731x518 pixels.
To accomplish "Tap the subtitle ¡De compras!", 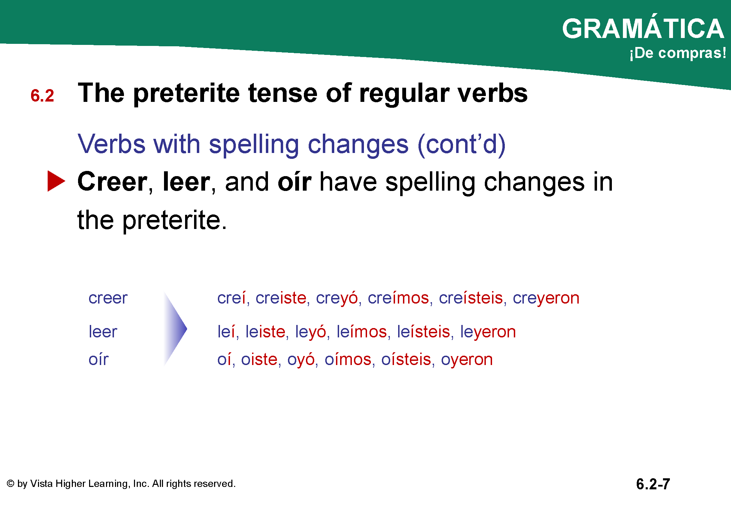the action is coord(678,53).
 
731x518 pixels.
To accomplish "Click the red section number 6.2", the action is coord(42,96).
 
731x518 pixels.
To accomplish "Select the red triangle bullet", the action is coord(56,181).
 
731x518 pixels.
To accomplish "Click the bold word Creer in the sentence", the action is coord(113,182).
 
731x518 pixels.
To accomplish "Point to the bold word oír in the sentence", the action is coord(295,182).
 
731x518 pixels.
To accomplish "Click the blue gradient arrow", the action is coord(175,329).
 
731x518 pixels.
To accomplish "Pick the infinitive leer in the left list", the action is coord(103,332).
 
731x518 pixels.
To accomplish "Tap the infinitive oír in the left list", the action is coord(98,359).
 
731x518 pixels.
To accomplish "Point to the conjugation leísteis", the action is coord(424,332).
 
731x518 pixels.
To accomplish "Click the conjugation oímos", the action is coord(348,359).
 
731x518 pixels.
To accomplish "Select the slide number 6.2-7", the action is coord(653,484).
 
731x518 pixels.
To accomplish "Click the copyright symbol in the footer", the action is coord(11,483).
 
